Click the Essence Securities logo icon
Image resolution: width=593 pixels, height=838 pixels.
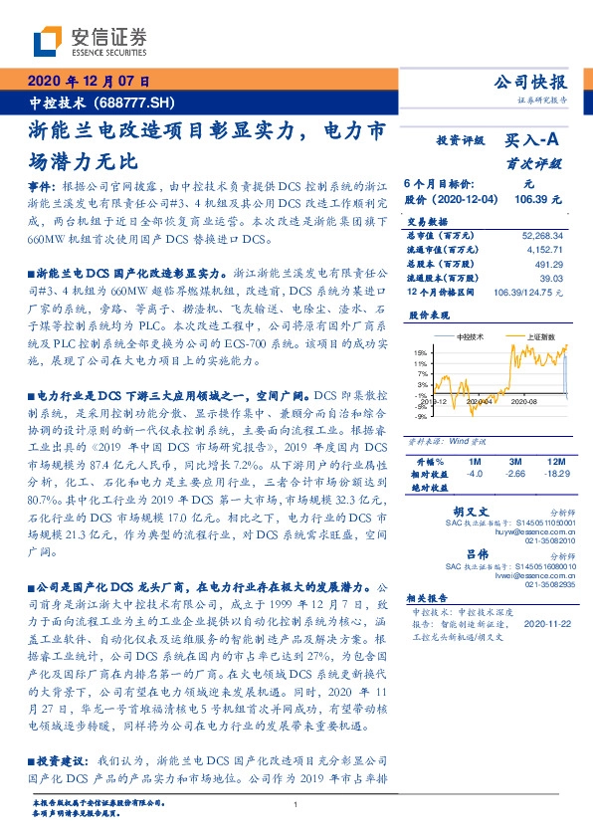tap(48, 42)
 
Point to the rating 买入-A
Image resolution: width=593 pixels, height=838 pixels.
tap(533, 141)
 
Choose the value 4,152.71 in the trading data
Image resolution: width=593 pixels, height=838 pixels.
tap(545, 250)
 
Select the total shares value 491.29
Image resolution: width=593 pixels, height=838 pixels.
tap(549, 265)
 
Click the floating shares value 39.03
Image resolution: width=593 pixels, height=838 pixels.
tap(551, 279)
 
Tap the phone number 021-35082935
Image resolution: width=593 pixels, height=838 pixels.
tap(541, 588)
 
